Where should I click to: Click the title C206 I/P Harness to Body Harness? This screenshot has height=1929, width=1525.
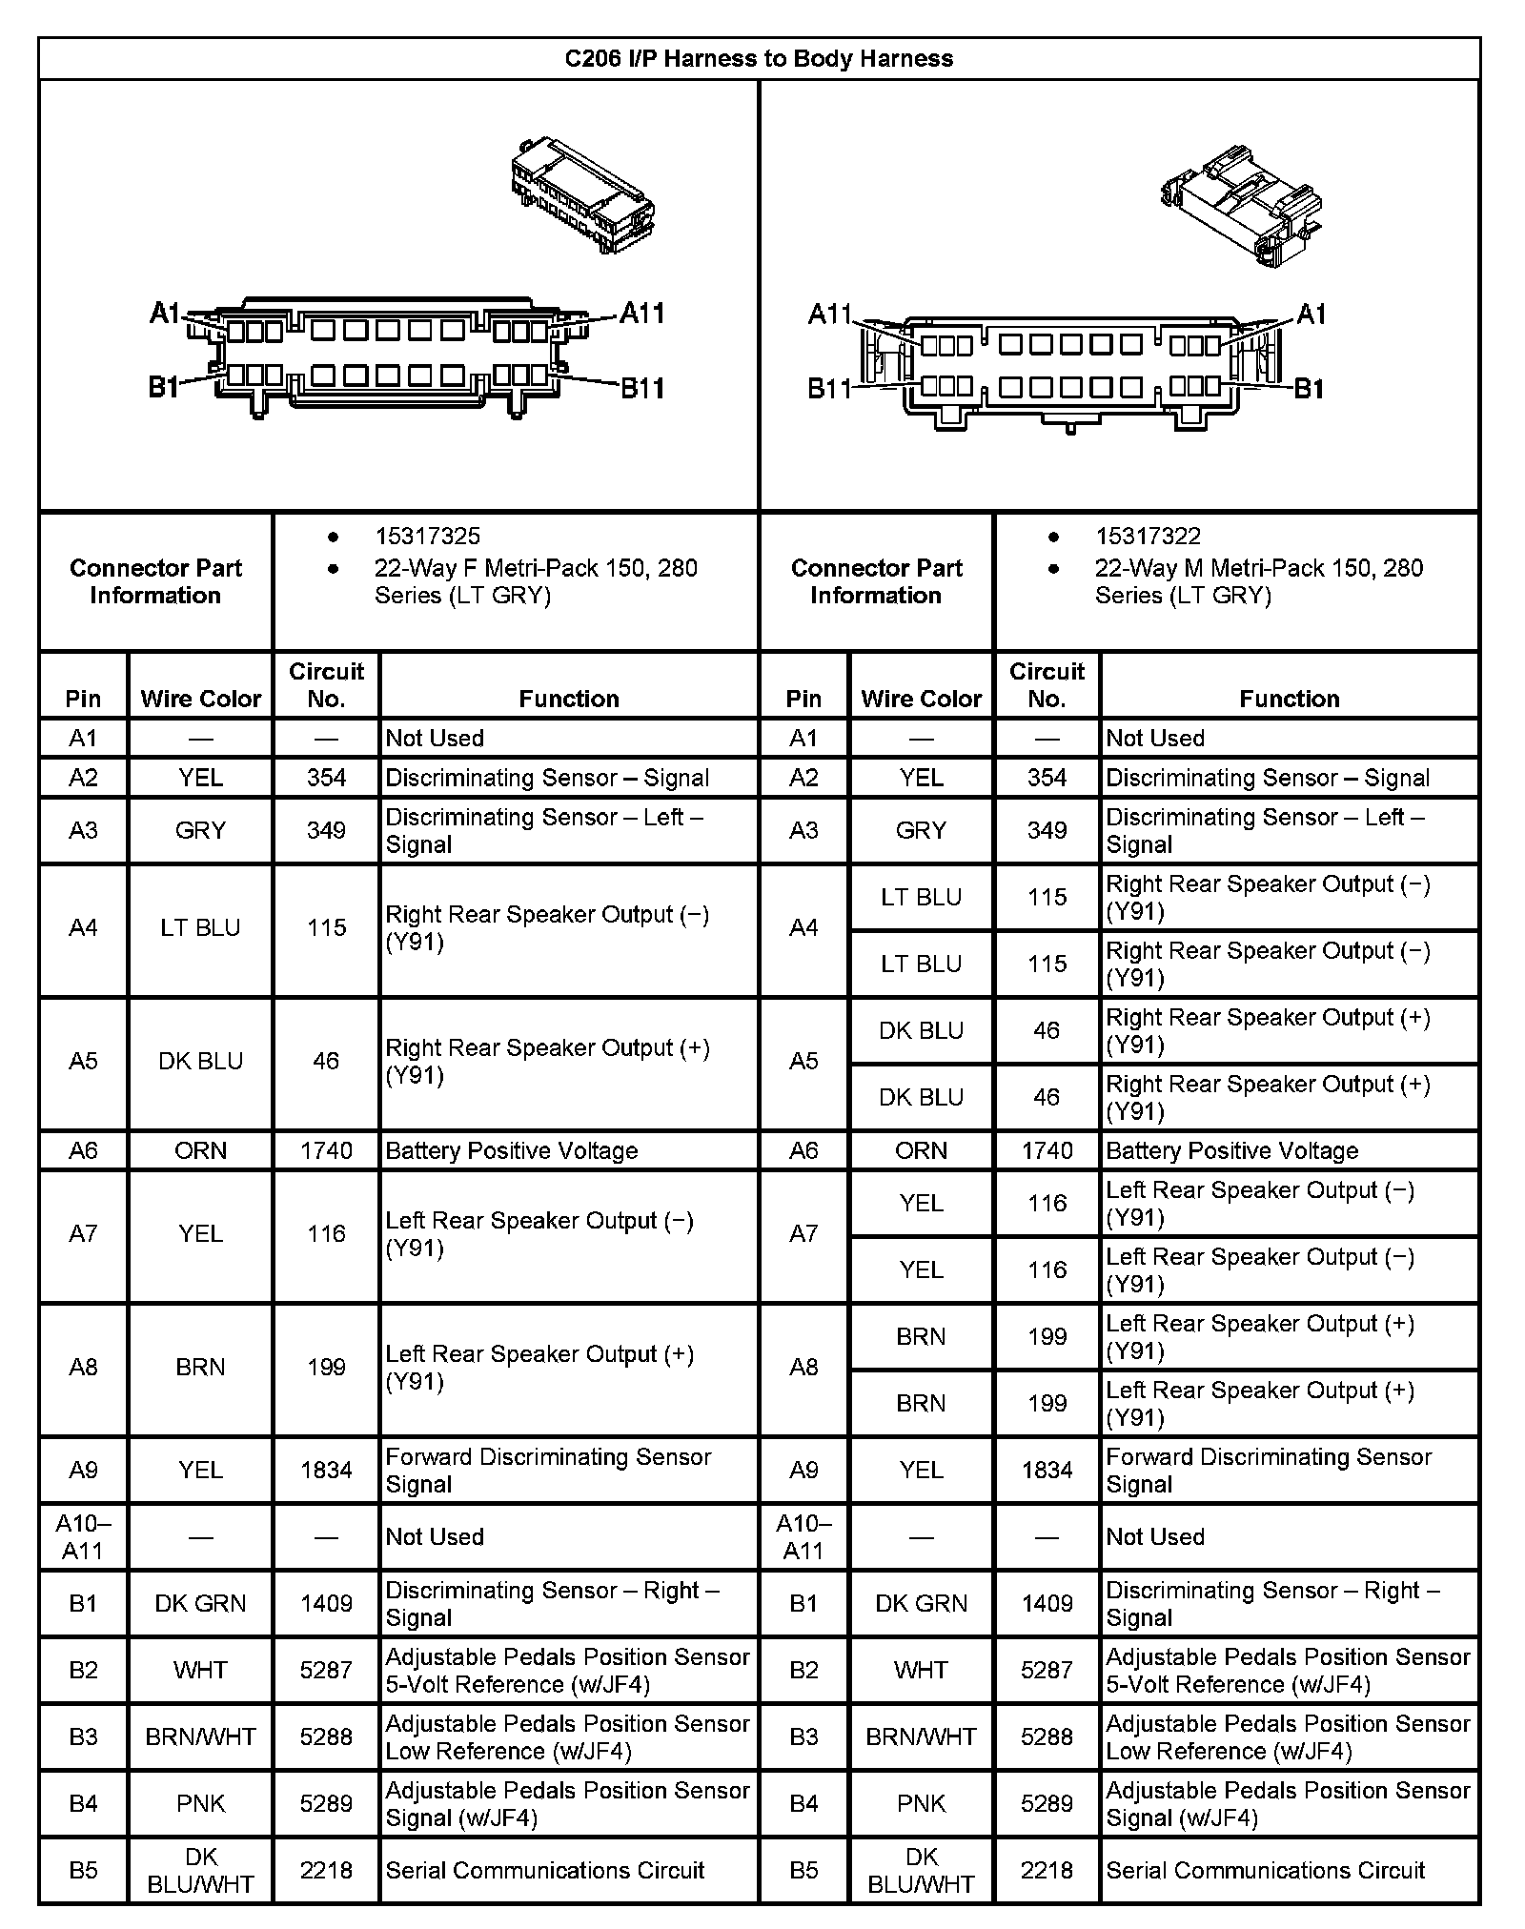click(759, 59)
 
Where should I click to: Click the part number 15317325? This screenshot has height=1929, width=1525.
click(427, 537)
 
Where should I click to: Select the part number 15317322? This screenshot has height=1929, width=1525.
click(1148, 537)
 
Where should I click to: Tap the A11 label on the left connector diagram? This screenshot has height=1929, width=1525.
click(641, 313)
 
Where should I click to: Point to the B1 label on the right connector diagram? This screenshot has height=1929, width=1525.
click(1309, 388)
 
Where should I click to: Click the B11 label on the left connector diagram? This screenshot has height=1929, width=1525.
click(641, 388)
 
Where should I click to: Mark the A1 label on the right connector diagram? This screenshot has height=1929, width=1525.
click(1311, 314)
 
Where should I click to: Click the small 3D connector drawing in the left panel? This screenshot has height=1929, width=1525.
click(582, 194)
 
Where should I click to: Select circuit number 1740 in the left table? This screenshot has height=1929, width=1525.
click(326, 1150)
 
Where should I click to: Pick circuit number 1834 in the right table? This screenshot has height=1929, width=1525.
click(1047, 1470)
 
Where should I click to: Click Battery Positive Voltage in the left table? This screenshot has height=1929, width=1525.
click(512, 1150)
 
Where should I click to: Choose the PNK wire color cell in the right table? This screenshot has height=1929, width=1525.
click(921, 1803)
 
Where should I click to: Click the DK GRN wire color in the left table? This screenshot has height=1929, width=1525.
click(200, 1603)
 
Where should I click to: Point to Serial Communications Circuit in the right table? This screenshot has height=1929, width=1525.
click(1265, 1870)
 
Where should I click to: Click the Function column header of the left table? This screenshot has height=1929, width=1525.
click(569, 699)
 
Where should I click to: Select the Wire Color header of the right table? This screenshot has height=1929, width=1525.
click(921, 699)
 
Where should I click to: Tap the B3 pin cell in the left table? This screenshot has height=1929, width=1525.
click(83, 1736)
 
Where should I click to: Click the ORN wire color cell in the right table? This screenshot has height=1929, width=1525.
click(921, 1150)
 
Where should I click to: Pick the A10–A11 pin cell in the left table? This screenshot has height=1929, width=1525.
click(83, 1536)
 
